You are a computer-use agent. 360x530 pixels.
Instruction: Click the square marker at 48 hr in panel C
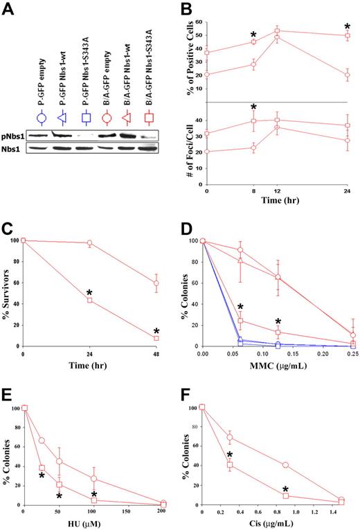156,338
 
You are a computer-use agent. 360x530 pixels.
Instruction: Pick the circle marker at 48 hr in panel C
156,283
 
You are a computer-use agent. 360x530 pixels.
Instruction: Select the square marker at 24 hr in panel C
90,300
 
